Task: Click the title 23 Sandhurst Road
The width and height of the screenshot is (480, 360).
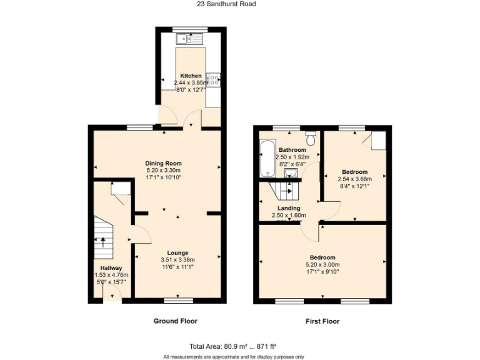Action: tap(226, 4)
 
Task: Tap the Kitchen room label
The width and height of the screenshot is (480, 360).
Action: tap(191, 76)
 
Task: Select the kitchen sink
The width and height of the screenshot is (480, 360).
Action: tap(190, 39)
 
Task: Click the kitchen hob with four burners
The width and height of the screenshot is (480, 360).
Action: tap(214, 79)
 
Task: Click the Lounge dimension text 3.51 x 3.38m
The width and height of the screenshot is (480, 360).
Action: tap(177, 260)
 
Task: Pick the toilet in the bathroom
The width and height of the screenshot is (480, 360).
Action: tap(311, 133)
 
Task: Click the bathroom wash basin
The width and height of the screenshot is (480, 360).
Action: tap(289, 173)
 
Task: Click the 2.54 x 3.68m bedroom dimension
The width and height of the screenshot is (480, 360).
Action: tap(354, 179)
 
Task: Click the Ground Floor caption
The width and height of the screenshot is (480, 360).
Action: tap(176, 321)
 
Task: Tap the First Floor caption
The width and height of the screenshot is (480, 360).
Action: tap(322, 321)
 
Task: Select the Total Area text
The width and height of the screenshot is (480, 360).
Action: tap(233, 346)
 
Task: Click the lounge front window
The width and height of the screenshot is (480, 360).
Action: tap(178, 301)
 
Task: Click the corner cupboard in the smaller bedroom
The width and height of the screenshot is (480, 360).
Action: tap(377, 141)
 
